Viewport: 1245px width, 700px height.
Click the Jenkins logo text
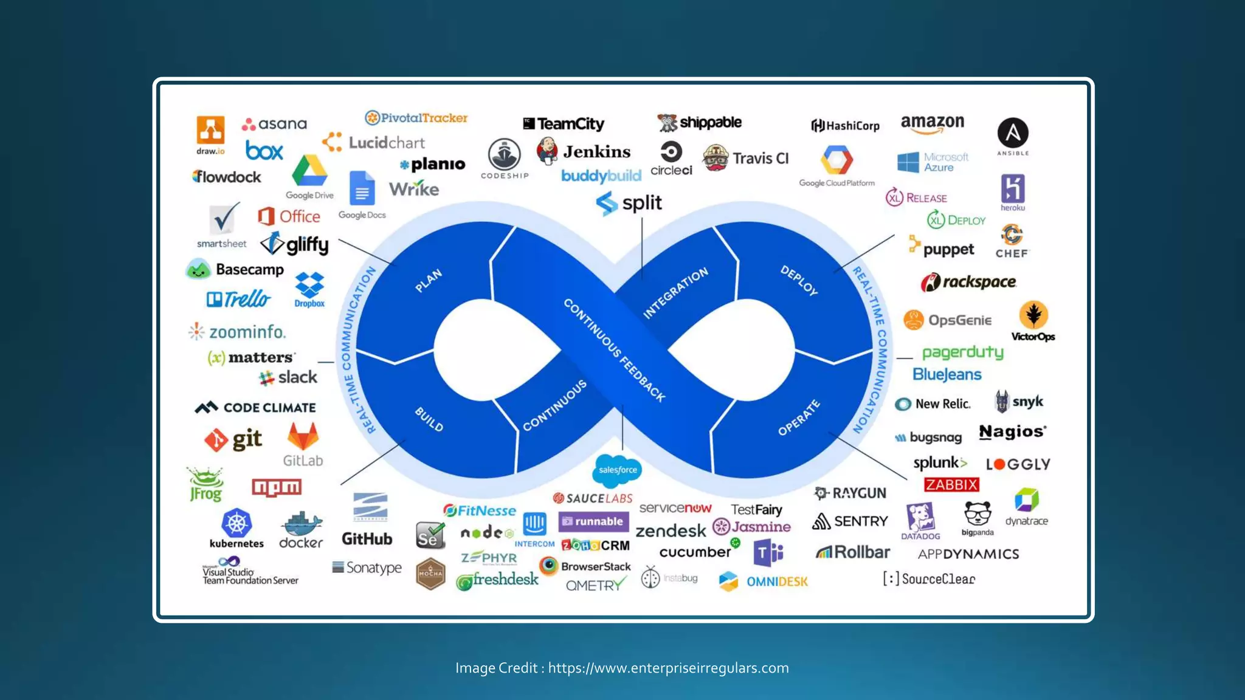(x=596, y=151)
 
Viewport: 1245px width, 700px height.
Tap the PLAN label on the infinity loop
(x=429, y=280)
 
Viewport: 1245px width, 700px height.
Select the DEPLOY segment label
(x=799, y=280)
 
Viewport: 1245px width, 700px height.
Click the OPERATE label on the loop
(x=799, y=418)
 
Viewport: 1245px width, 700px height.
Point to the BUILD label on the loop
(x=429, y=419)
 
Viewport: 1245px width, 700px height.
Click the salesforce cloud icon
(x=617, y=470)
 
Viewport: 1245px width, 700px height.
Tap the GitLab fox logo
(x=303, y=437)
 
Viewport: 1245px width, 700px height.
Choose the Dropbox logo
(x=309, y=285)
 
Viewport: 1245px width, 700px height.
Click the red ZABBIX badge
(x=951, y=484)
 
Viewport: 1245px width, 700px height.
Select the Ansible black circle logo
(x=1013, y=133)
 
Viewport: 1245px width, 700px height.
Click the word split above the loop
(x=642, y=202)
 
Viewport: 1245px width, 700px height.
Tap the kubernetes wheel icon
(x=236, y=523)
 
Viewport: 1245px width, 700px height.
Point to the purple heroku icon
(x=1013, y=188)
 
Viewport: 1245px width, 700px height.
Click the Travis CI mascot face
(x=716, y=158)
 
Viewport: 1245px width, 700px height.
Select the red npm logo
(x=277, y=487)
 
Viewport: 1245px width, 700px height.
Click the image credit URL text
(x=668, y=668)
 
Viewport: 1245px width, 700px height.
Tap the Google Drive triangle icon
(x=309, y=171)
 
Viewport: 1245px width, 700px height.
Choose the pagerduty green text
(x=962, y=352)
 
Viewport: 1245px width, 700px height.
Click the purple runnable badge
(x=593, y=521)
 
